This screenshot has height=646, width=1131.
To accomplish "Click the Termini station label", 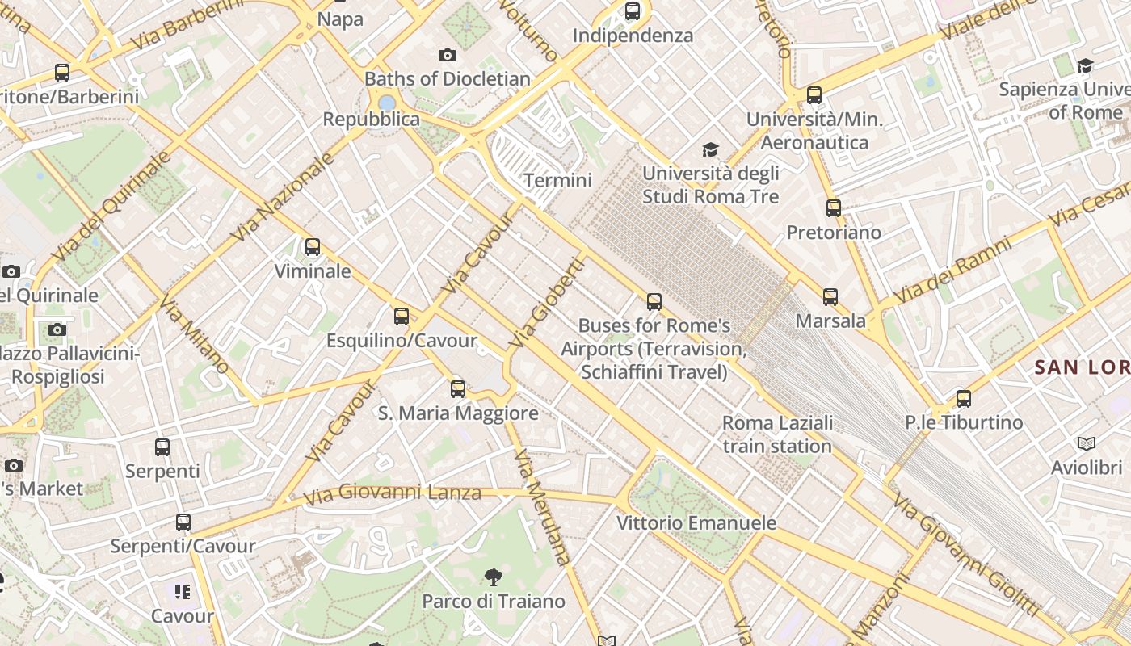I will [x=557, y=180].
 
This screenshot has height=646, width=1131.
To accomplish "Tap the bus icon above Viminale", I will [x=313, y=247].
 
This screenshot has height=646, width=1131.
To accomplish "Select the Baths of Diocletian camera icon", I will [x=448, y=55].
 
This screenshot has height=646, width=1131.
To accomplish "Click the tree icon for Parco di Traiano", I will [x=493, y=577].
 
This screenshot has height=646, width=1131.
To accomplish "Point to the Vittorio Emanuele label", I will [x=696, y=522].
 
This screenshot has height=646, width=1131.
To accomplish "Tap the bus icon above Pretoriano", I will [x=834, y=208].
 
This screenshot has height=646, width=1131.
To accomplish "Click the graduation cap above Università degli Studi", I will [x=710, y=149].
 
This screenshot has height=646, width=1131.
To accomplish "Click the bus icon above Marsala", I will [x=830, y=297].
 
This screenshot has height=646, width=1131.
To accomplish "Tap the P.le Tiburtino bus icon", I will [x=963, y=398].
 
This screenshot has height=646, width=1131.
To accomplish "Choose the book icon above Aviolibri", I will [x=1087, y=443].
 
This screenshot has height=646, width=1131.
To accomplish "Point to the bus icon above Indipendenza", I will [x=633, y=11].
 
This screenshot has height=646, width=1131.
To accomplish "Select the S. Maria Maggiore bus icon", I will [x=458, y=389].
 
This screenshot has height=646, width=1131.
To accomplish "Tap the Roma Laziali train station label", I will [x=777, y=434].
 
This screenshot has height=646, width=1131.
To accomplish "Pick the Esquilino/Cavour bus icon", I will [x=402, y=317].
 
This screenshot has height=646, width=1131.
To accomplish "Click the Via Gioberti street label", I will [x=546, y=303].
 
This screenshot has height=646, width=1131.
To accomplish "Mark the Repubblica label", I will [x=372, y=120].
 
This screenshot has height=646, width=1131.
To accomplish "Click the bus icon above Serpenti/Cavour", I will [x=183, y=522].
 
